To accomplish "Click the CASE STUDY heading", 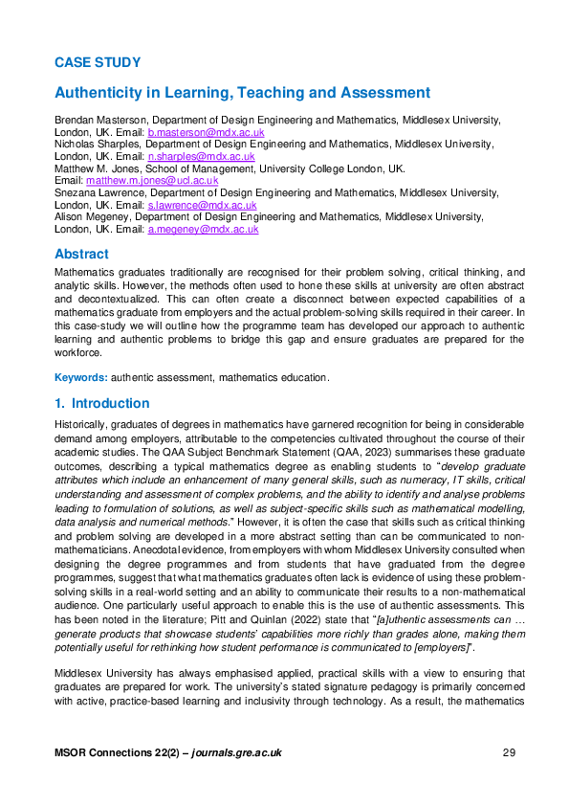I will (98, 63).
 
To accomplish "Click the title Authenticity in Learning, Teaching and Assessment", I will (242, 93).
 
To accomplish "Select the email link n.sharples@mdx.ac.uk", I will (200, 156).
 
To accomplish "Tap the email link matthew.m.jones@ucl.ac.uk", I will (152, 180).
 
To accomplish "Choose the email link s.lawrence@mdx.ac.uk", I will (202, 205).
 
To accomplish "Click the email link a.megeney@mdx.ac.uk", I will (203, 230).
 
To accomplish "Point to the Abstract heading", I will (81, 255).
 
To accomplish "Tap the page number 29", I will (509, 753).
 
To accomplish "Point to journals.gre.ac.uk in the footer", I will (236, 753).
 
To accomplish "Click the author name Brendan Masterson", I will (98, 120).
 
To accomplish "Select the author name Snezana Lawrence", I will (98, 192).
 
